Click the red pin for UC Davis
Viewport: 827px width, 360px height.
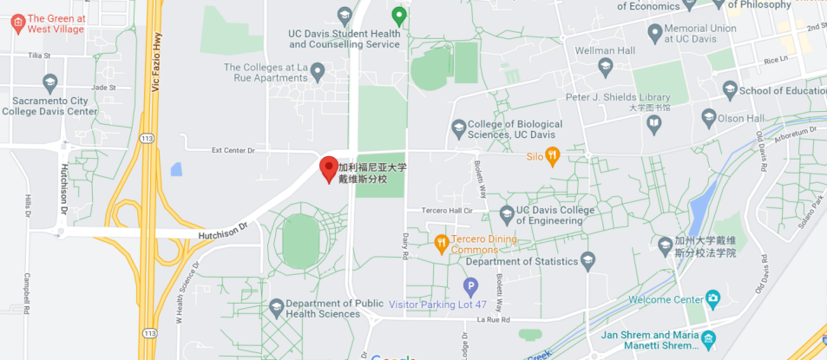click(329, 168)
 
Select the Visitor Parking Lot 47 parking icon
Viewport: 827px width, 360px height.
click(470, 285)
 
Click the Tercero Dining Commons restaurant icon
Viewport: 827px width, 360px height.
click(441, 240)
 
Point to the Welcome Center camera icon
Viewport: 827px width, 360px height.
click(713, 299)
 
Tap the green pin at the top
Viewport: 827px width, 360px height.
click(398, 15)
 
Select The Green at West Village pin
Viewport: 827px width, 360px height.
click(17, 23)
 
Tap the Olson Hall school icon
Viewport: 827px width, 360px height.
click(710, 116)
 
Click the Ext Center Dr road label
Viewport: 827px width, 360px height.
click(234, 150)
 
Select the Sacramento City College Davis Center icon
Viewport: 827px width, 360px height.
click(50, 83)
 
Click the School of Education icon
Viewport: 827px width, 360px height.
click(730, 90)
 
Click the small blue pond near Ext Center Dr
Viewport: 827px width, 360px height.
click(177, 169)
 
